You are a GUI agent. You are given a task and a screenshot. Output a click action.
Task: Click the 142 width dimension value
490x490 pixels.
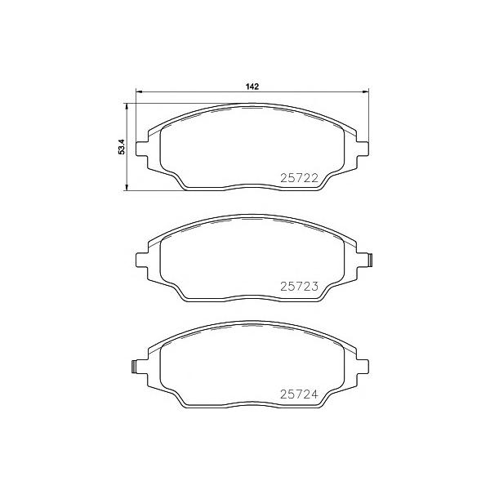[252, 87]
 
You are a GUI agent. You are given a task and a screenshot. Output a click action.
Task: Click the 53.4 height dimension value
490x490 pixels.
[122, 146]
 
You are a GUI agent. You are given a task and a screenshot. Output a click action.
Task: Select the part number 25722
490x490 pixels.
[299, 178]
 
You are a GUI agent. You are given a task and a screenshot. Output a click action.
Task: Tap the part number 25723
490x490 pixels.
[299, 287]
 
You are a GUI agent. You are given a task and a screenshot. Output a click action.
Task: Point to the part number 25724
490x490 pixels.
[299, 394]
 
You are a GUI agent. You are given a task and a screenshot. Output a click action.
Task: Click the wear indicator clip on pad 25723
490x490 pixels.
[371, 260]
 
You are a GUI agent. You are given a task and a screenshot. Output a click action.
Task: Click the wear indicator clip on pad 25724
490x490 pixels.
[134, 367]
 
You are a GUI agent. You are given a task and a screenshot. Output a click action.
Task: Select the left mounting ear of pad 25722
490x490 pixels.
[141, 149]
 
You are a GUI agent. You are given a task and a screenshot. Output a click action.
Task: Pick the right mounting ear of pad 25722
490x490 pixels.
[363, 149]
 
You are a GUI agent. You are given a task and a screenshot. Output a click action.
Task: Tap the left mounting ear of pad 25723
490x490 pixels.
[141, 260]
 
